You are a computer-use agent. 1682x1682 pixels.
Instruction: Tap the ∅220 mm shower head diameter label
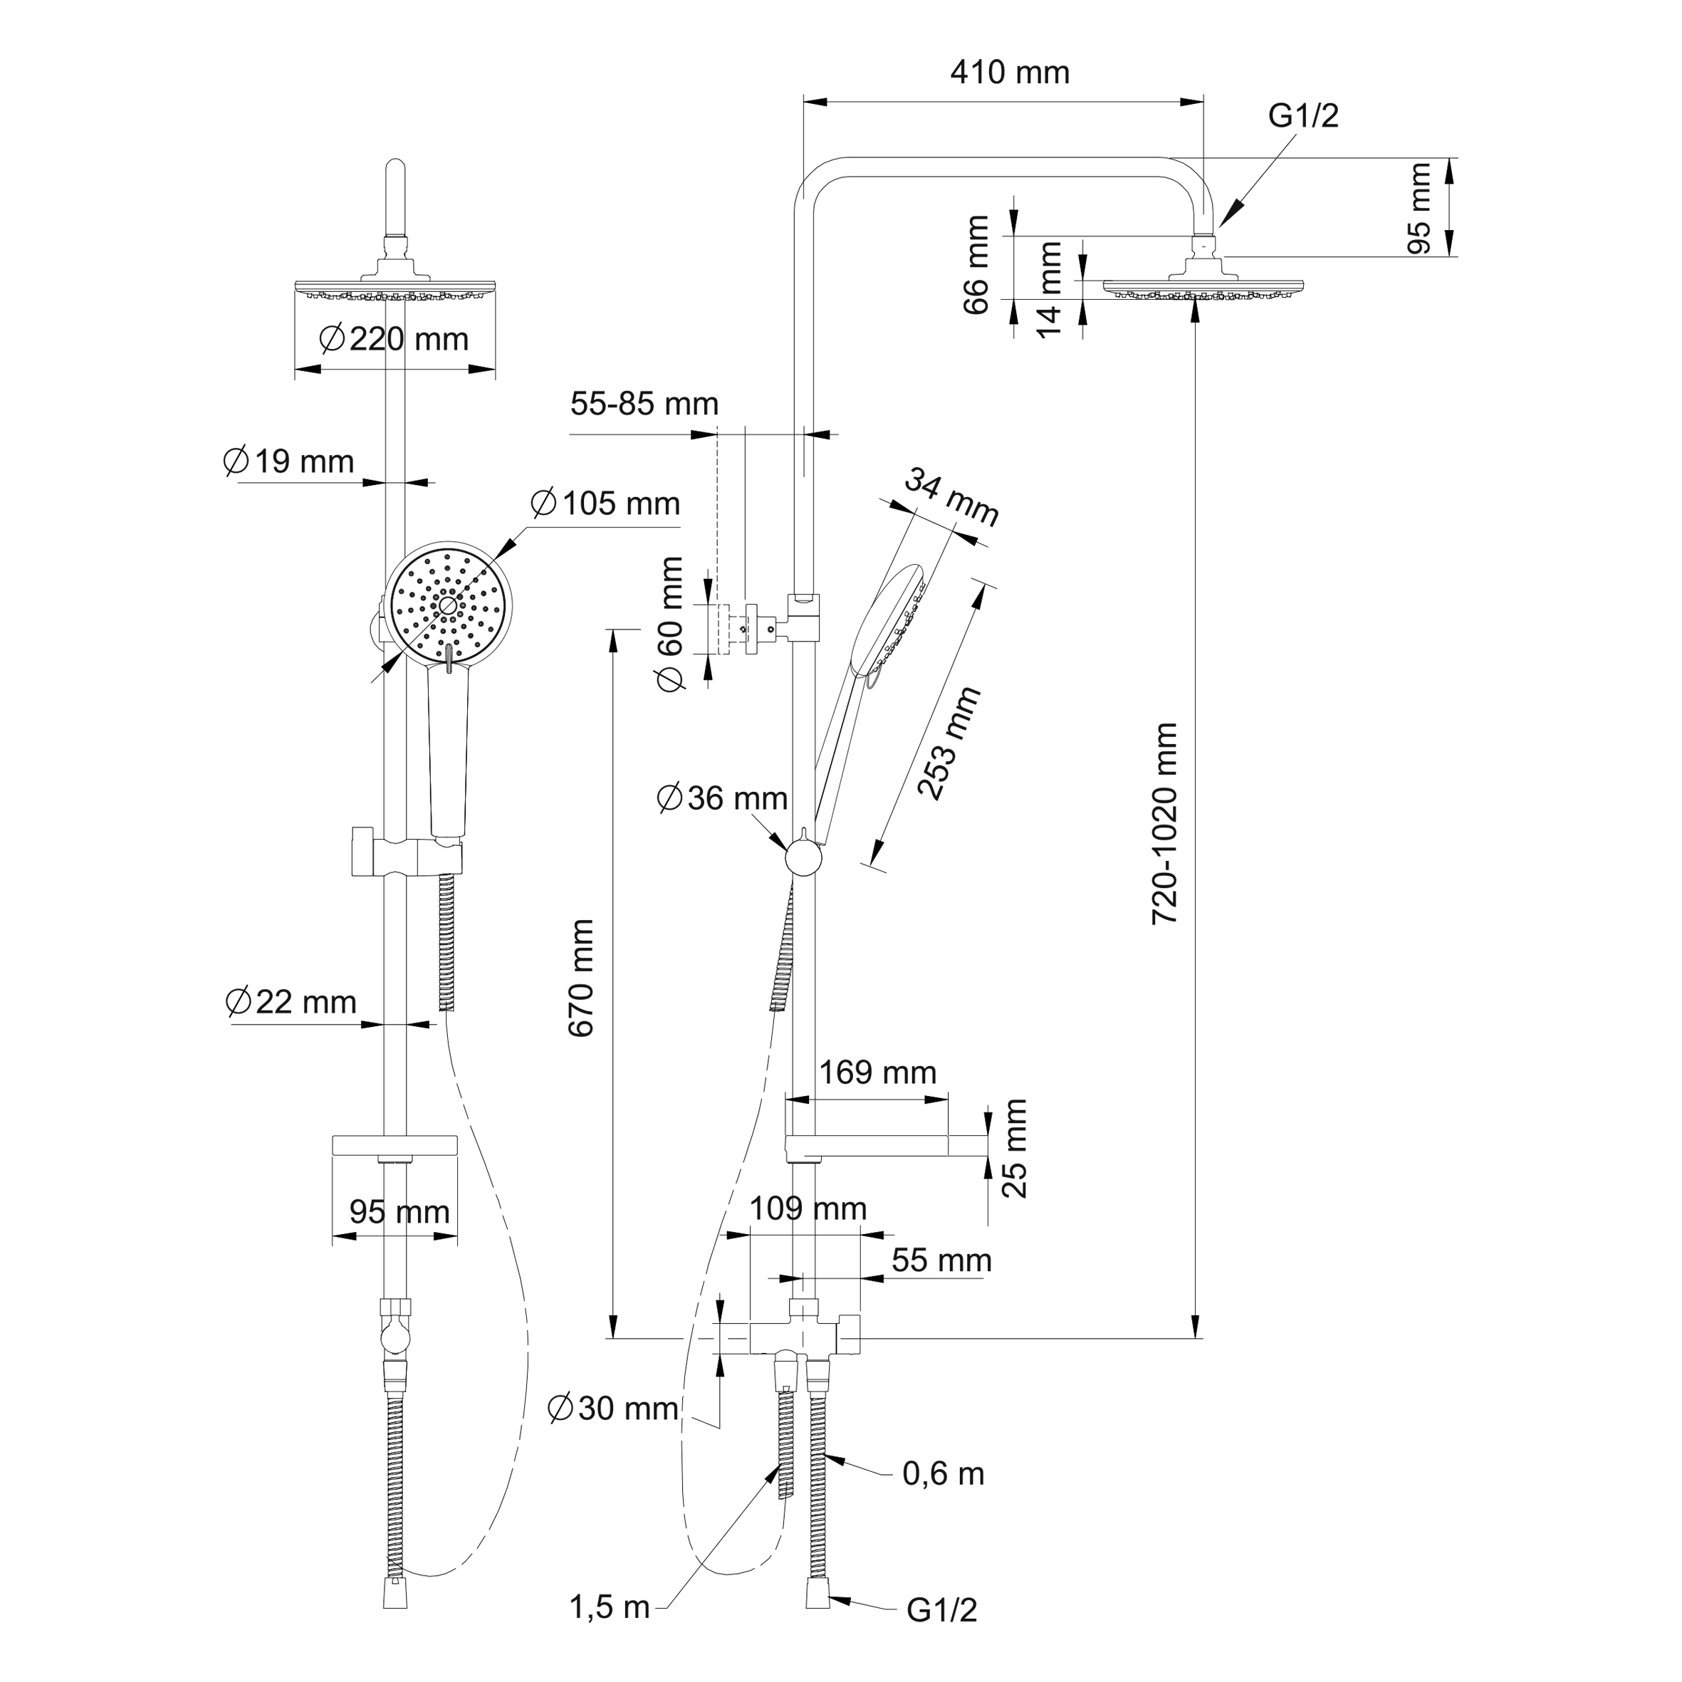394,339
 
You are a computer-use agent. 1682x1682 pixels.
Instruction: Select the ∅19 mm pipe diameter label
288,461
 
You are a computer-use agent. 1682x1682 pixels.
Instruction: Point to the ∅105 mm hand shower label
605,503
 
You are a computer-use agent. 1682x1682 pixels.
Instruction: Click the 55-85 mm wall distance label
644,404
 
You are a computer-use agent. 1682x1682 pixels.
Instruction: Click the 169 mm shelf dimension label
877,1072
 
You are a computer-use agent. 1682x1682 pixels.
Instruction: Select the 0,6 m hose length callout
943,1474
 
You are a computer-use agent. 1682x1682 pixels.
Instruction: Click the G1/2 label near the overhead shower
1302,116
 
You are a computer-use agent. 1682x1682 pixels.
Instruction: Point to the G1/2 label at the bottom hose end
941,1610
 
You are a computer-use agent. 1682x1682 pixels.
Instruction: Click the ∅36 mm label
722,798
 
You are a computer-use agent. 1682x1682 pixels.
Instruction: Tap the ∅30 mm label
613,1408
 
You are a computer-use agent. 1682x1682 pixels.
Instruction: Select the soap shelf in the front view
395,1146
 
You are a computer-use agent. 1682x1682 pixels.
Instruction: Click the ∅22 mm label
291,1002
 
